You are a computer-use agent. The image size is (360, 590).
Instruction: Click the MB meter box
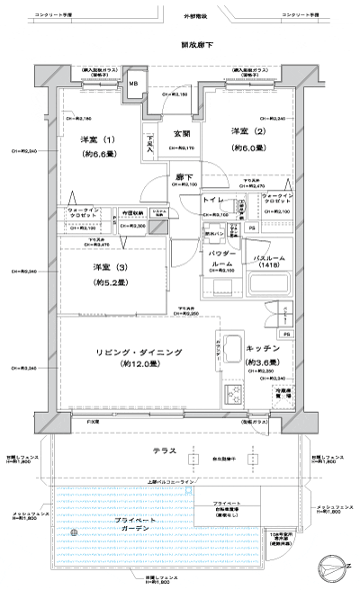tap(134, 84)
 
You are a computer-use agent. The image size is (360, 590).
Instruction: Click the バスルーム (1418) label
tap(268, 262)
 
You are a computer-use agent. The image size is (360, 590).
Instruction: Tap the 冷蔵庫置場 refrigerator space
tap(283, 393)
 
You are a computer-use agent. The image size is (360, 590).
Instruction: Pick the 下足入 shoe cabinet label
tap(150, 142)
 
